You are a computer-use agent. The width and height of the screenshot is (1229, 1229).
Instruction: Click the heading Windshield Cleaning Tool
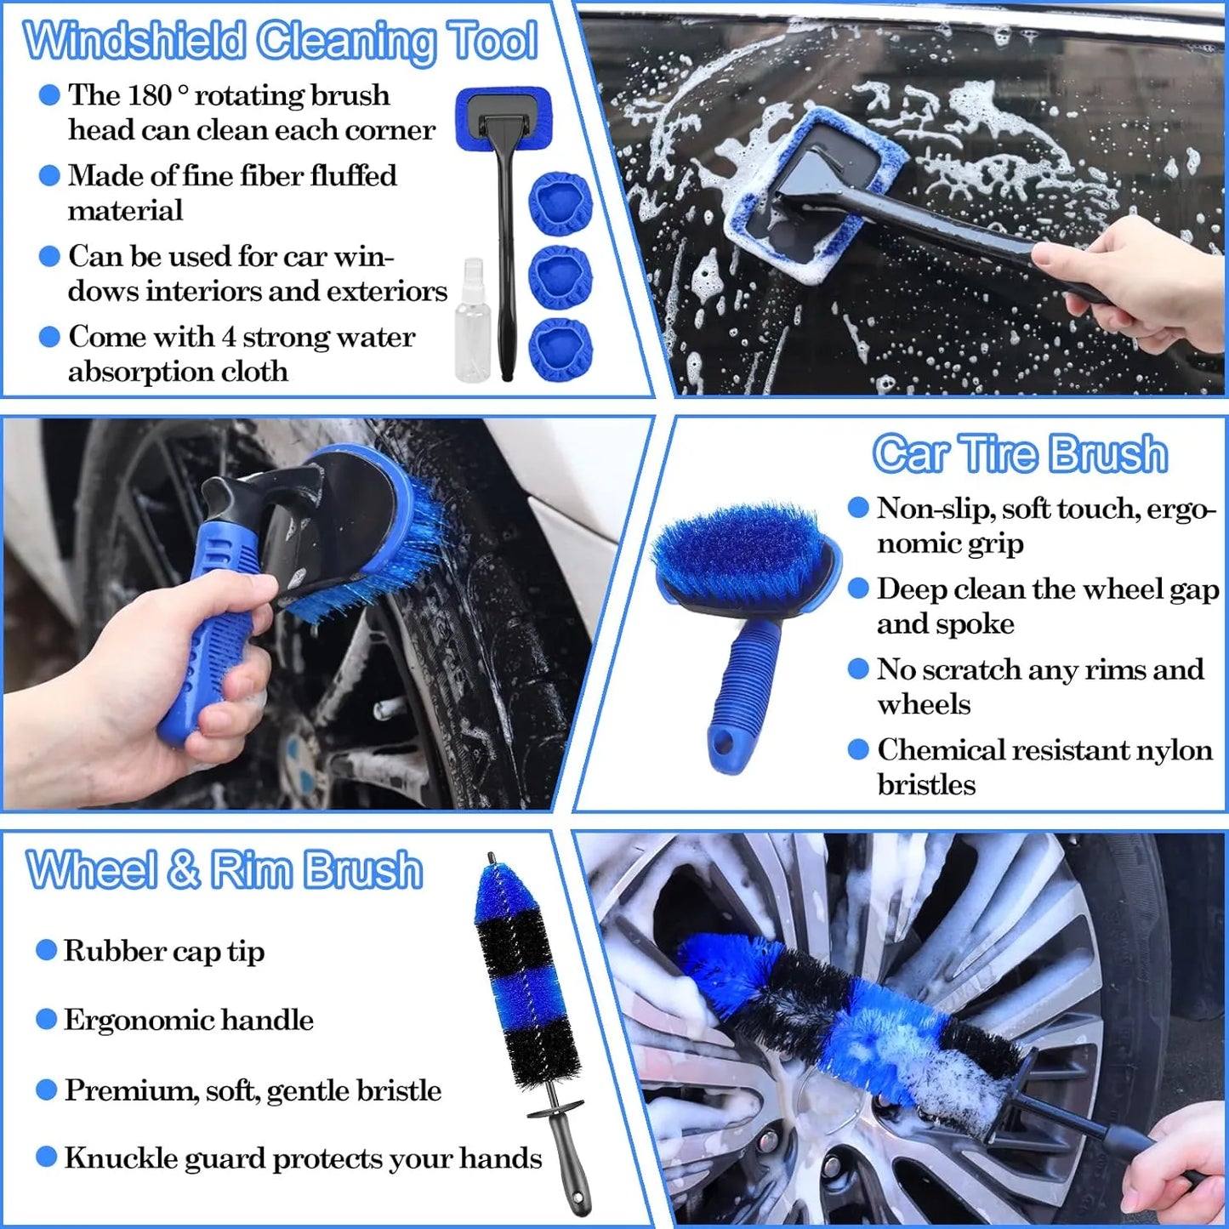pyautogui.click(x=281, y=41)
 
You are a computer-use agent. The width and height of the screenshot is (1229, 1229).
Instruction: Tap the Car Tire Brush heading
pyautogui.click(x=1020, y=453)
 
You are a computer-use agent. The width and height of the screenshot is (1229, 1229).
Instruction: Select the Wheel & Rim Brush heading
pyautogui.click(x=225, y=870)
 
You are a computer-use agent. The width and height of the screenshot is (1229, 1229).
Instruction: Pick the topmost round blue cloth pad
pyautogui.click(x=560, y=204)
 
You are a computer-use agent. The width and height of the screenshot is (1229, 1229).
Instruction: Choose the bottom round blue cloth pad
pyautogui.click(x=560, y=350)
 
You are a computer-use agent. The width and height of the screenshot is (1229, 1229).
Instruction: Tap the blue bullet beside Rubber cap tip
pyautogui.click(x=47, y=950)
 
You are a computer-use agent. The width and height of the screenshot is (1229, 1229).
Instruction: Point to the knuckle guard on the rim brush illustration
pyautogui.click(x=556, y=1109)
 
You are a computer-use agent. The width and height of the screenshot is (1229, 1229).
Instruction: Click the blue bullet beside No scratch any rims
pyautogui.click(x=859, y=669)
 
